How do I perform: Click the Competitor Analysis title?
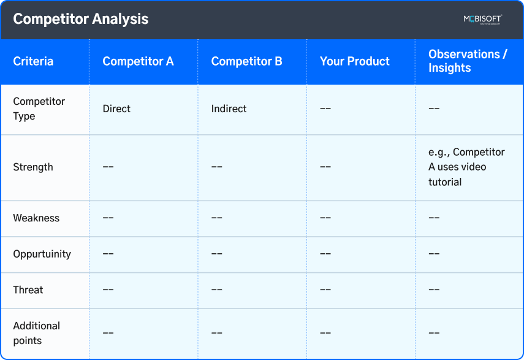pyautogui.click(x=80, y=19)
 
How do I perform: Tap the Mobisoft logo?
pyautogui.click(x=482, y=19)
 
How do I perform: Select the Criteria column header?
pyautogui.click(x=33, y=61)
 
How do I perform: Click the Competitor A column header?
pyautogui.click(x=138, y=61)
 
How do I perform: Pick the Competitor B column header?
pyautogui.click(x=246, y=61)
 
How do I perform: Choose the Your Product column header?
pyautogui.click(x=354, y=61)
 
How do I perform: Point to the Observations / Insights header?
pyautogui.click(x=468, y=61)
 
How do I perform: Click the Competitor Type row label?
pyautogui.click(x=39, y=109)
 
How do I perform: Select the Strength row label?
pyautogui.click(x=33, y=167)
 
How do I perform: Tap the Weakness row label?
pyautogui.click(x=36, y=218)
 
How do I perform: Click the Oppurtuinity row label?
pyautogui.click(x=42, y=254)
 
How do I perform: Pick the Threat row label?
pyautogui.click(x=28, y=289)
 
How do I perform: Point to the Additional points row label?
pyautogui.click(x=37, y=333)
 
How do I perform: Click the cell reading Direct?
pyautogui.click(x=116, y=109)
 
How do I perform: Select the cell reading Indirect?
pyautogui.click(x=229, y=109)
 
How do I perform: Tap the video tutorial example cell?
pyautogui.click(x=466, y=167)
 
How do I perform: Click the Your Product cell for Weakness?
pyautogui.click(x=325, y=218)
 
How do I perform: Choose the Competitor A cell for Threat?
pyautogui.click(x=108, y=289)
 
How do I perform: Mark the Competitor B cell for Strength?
pyautogui.click(x=217, y=167)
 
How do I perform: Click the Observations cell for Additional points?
pyautogui.click(x=434, y=333)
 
